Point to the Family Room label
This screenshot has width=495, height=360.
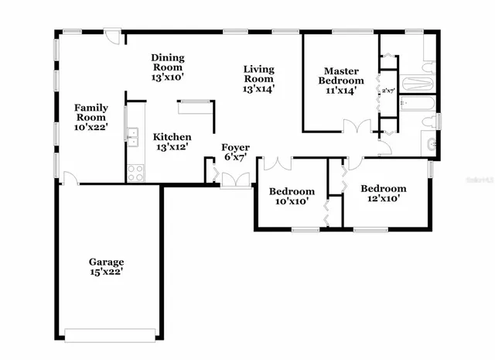point(90,112)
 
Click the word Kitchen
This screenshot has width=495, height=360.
point(172,136)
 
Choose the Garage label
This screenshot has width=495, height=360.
point(105,262)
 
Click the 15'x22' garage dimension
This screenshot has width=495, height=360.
point(105,272)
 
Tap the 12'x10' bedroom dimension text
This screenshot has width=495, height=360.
point(383,199)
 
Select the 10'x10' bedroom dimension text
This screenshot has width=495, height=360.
point(291,201)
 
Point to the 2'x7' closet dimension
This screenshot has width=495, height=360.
point(388,91)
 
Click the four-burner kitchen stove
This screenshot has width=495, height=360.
point(135,173)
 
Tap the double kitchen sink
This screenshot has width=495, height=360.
point(133,137)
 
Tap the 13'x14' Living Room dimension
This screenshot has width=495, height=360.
point(258,89)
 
